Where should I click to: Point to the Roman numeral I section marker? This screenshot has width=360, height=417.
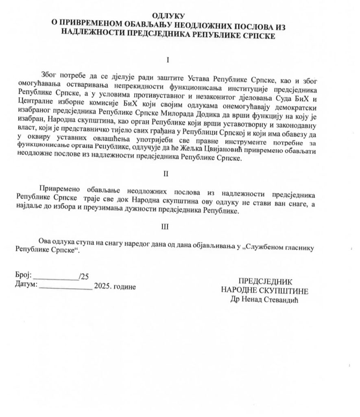tap(167, 60)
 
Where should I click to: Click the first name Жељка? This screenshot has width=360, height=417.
tap(221, 149)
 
